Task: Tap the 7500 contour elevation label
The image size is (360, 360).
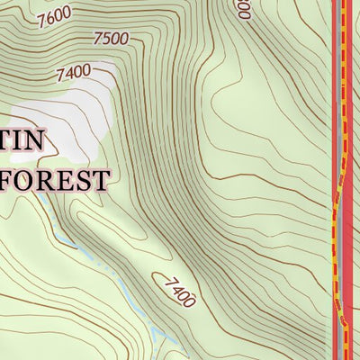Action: coord(111,39)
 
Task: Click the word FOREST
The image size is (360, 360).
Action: coord(53,179)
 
